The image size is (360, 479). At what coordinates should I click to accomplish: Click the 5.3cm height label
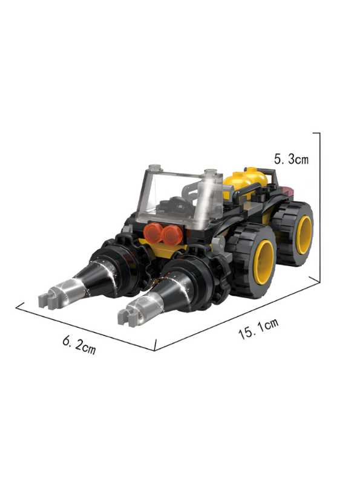tap(291, 160)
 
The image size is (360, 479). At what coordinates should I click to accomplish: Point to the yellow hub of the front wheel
tap(265, 259)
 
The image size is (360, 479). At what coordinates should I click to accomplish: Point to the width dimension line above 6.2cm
tap(85, 327)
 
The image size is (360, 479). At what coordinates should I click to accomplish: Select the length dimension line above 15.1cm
tap(239, 314)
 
